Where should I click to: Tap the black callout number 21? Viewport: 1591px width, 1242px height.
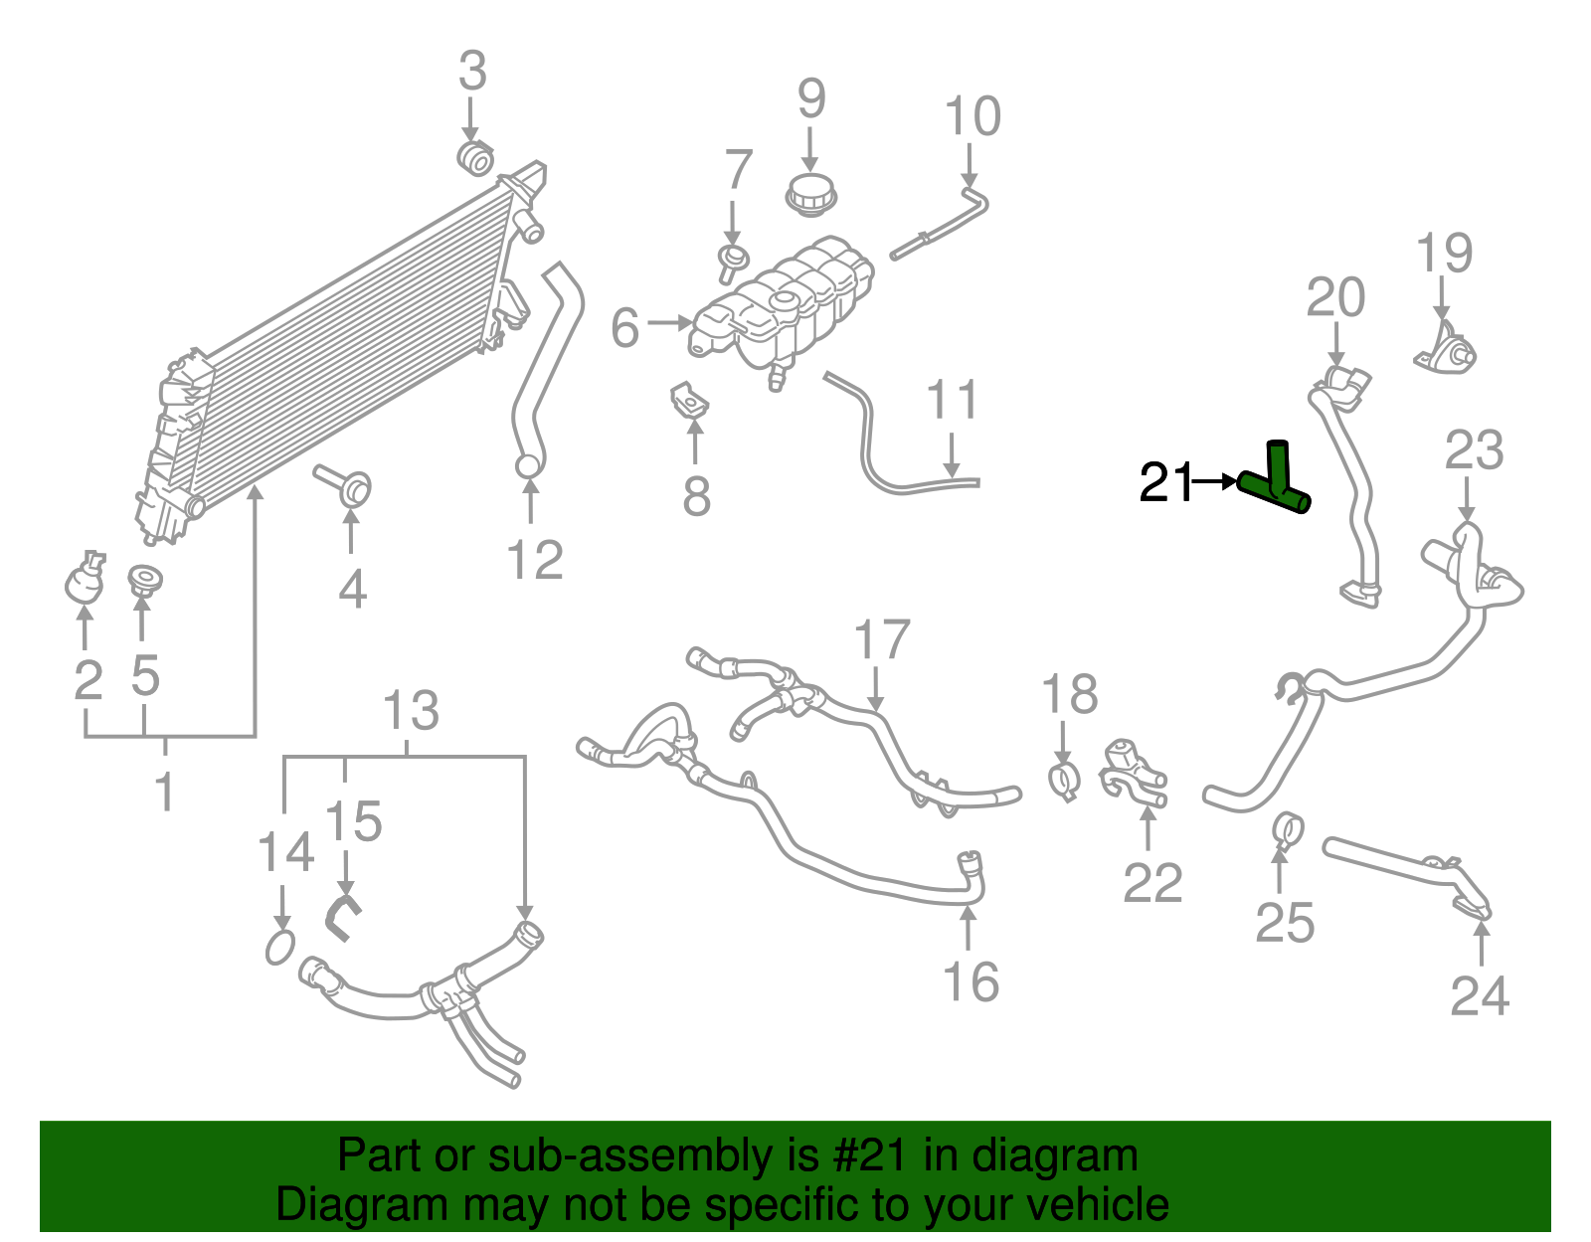coord(1164,482)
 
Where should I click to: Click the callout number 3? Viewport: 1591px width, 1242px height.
coord(472,72)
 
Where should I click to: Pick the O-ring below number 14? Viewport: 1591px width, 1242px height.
coord(280,948)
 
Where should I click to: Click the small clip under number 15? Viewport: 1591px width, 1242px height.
coord(342,916)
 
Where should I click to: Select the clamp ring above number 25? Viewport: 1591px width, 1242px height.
coord(1289,828)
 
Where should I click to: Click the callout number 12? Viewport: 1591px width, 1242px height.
coord(535,560)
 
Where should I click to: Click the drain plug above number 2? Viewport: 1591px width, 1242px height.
coord(85,581)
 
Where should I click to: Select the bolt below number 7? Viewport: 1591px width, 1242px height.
coord(733,261)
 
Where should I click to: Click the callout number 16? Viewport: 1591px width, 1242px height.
coord(971,982)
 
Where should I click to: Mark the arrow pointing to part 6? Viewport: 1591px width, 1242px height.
coord(669,322)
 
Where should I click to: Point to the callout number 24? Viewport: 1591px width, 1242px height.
coord(1480,995)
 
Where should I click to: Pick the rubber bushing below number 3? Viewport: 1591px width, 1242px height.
coord(476,157)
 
